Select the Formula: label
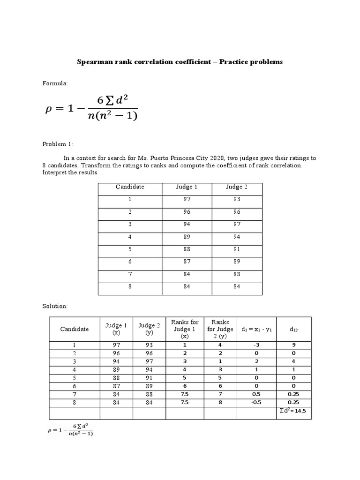(x=55, y=83)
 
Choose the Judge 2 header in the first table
(x=237, y=187)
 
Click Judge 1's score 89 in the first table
(x=187, y=237)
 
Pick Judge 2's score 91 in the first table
(x=237, y=250)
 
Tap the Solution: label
(x=55, y=306)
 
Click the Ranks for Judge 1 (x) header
(x=185, y=329)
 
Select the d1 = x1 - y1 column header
(x=257, y=329)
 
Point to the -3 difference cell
(x=257, y=345)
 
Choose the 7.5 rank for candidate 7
(x=185, y=394)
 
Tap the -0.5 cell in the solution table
(x=257, y=402)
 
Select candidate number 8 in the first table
(x=130, y=287)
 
